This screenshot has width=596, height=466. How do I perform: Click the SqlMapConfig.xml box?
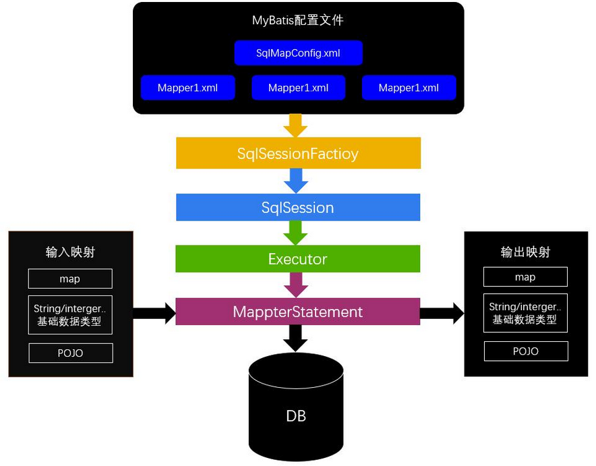[x=298, y=53]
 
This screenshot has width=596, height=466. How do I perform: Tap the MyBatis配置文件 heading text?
[x=298, y=20]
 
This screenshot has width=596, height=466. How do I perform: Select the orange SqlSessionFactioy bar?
[x=298, y=153]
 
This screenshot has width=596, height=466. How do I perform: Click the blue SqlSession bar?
[x=298, y=207]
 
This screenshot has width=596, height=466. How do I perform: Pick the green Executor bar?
[x=298, y=258]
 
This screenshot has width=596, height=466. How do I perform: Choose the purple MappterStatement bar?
[x=298, y=312]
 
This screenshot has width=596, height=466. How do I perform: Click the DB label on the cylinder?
[x=296, y=416]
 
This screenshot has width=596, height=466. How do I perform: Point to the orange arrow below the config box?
[x=295, y=125]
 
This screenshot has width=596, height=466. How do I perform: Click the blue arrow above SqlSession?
[x=296, y=180]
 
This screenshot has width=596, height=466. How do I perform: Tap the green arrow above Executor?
[x=295, y=232]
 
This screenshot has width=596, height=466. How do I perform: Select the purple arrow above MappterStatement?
[x=296, y=284]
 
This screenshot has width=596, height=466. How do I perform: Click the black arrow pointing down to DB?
[x=296, y=337]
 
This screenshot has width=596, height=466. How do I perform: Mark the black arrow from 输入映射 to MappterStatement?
[x=154, y=312]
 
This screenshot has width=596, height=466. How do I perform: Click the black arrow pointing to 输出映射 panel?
[x=442, y=312]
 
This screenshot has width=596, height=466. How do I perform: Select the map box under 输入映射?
[x=70, y=279]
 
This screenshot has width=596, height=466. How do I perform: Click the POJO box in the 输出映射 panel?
[x=526, y=351]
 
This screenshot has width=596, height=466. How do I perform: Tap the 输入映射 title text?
[x=70, y=252]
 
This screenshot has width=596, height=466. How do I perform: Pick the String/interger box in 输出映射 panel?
[x=526, y=313]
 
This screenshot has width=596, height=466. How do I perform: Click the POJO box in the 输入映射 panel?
[x=70, y=353]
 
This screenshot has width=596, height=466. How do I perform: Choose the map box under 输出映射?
[x=526, y=277]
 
